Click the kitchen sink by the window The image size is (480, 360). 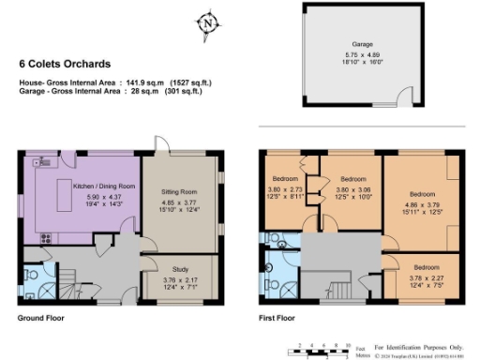coord(45,163)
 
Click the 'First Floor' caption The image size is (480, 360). coord(277,318)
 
